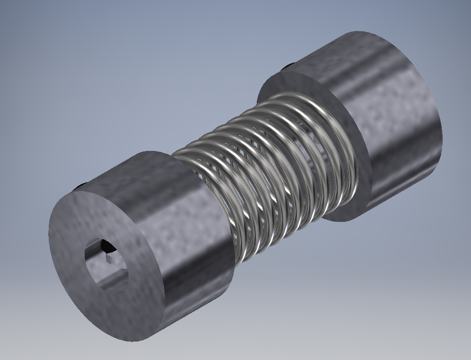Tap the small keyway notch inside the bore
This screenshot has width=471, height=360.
tap(108, 258)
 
